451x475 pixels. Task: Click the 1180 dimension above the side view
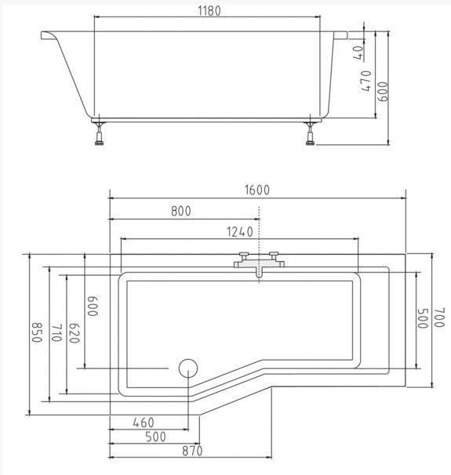(209, 11)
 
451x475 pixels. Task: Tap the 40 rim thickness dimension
(358, 53)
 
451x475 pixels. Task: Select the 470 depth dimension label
(366, 81)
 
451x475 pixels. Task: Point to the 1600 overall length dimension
(257, 190)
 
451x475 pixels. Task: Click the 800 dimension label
(181, 211)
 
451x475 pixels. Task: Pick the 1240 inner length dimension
(240, 232)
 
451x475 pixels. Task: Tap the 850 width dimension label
(37, 332)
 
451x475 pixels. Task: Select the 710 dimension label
(56, 333)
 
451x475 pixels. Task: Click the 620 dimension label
(75, 333)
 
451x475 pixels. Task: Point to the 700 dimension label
(439, 317)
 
